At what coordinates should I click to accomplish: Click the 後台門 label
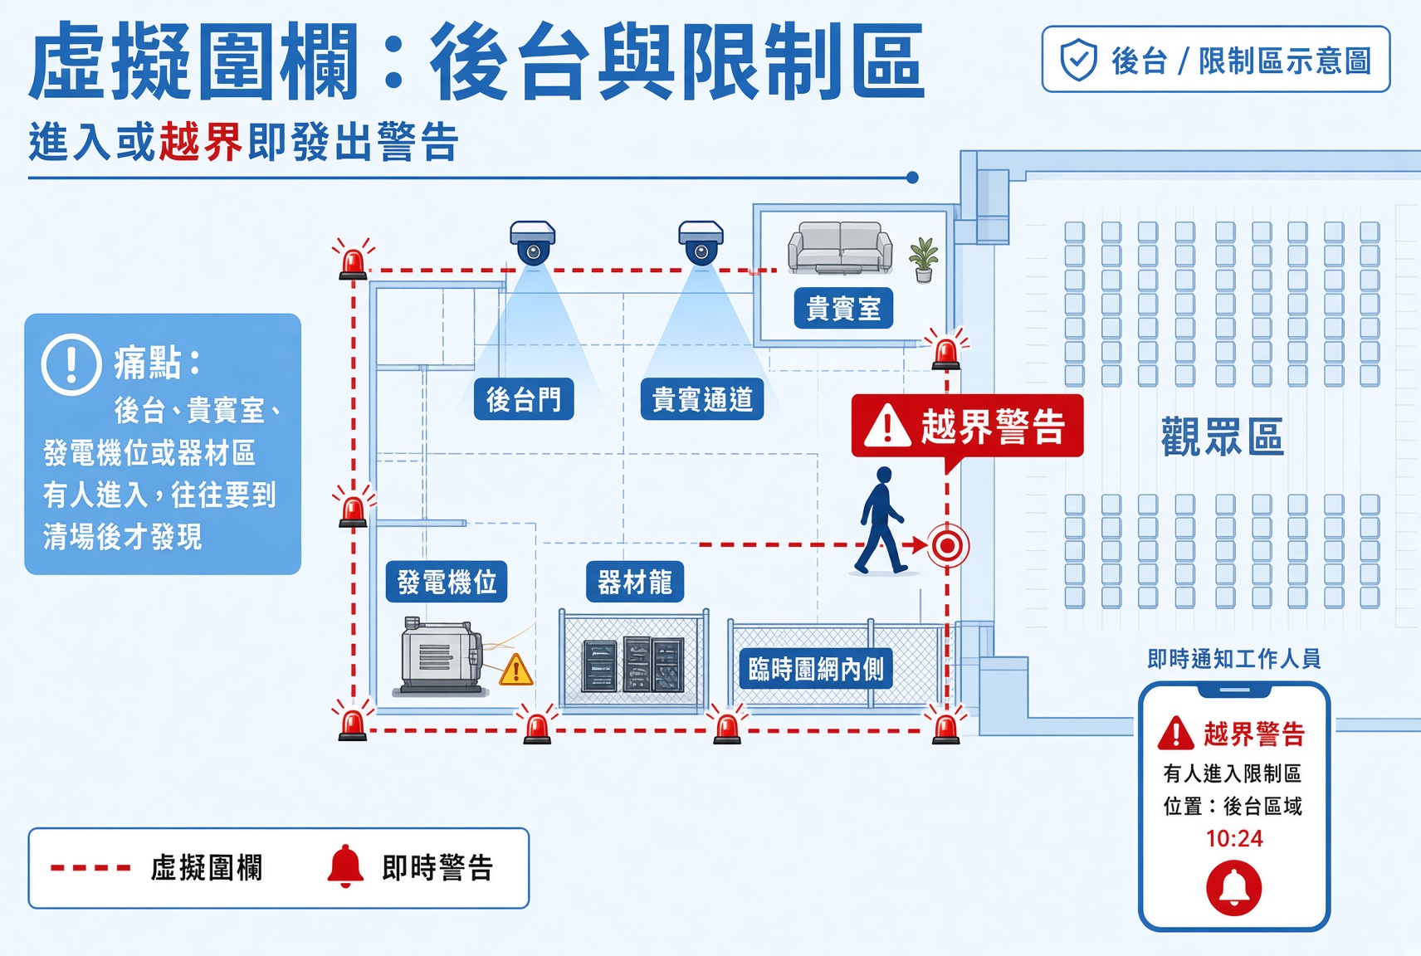(524, 399)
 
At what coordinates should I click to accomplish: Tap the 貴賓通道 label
(702, 399)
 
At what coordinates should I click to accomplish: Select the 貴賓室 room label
(843, 309)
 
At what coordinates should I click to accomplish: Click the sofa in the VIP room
(840, 248)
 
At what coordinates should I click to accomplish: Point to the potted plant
(924, 260)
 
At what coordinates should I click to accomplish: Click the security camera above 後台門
(533, 243)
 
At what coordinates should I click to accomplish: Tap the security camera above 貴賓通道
(701, 243)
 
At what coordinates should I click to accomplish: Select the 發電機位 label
(447, 582)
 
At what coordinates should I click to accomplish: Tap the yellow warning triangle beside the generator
(515, 671)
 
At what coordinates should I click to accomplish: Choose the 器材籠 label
(635, 582)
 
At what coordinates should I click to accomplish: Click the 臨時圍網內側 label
(816, 669)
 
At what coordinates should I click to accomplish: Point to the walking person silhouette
(881, 520)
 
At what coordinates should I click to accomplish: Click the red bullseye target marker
(948, 545)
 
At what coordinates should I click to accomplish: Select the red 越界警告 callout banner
(968, 427)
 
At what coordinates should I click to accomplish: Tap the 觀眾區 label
(1223, 437)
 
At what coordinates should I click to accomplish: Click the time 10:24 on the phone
(1234, 839)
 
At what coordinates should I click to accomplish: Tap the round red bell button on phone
(1234, 887)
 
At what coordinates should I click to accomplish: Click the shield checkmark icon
(1078, 60)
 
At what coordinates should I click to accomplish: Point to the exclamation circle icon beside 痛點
(71, 365)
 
